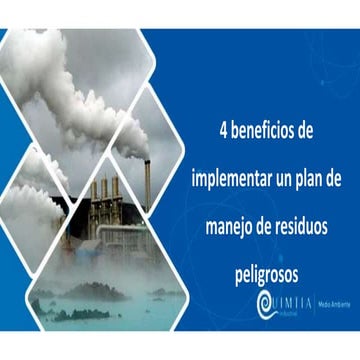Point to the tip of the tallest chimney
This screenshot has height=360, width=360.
pos(148,160)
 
